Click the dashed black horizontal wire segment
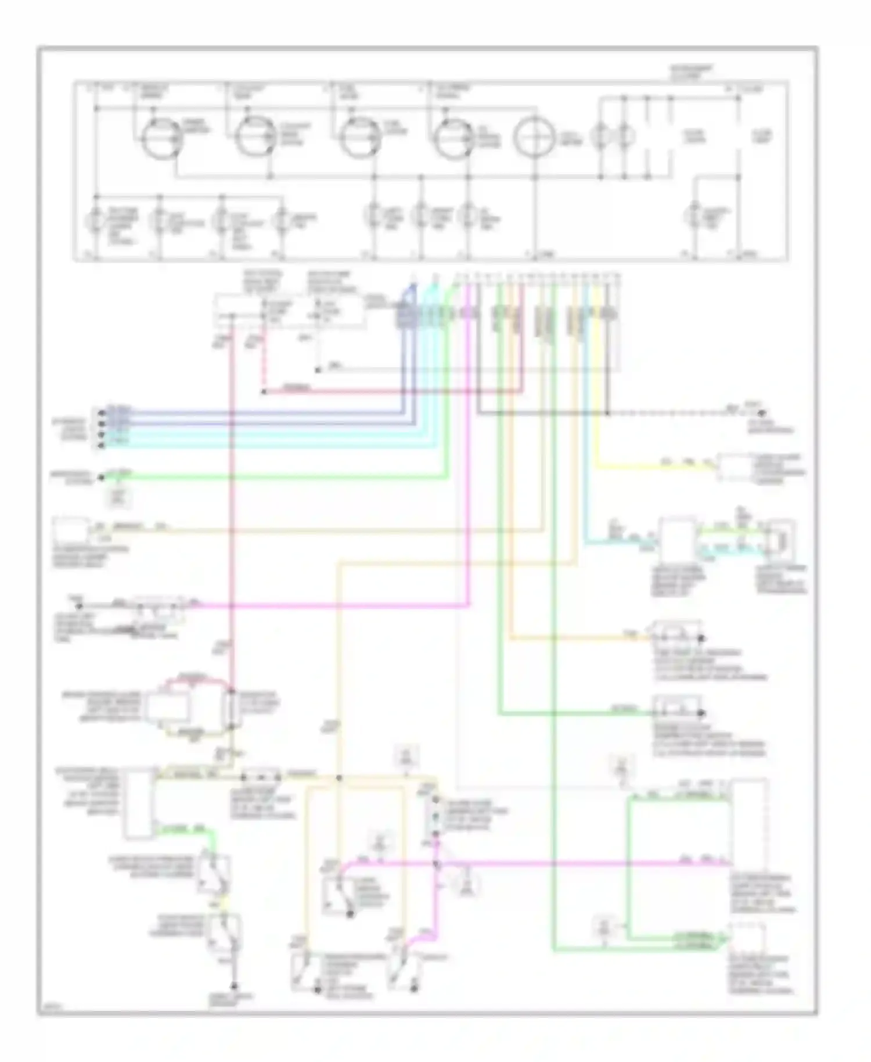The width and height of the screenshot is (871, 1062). [668, 414]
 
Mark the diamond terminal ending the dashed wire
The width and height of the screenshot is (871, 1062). [762, 414]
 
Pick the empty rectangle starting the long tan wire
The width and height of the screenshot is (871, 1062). [71, 529]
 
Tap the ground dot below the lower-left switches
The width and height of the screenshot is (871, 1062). [235, 986]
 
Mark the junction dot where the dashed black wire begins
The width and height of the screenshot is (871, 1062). [607, 414]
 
